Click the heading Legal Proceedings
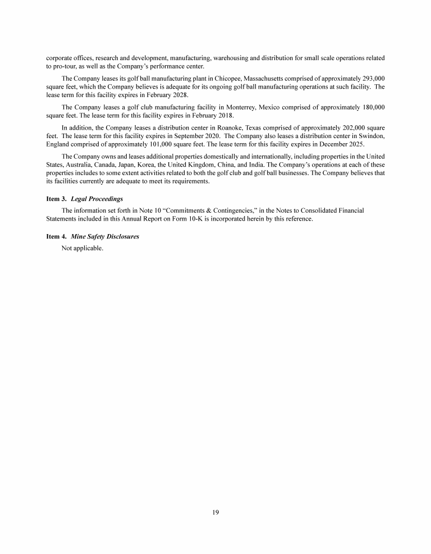pyautogui.click(x=97, y=199)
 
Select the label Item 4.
pyautogui.click(x=57, y=236)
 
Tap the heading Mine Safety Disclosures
pyautogui.click(x=105, y=236)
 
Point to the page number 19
pyautogui.click(x=215, y=512)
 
